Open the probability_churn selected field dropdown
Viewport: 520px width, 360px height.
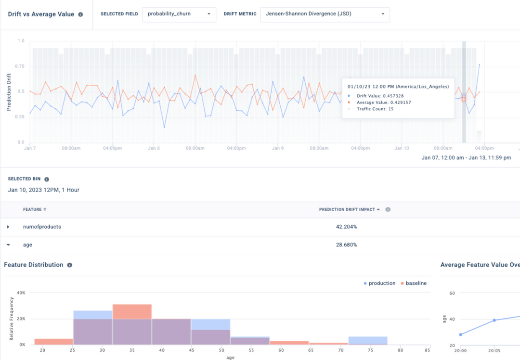[179, 14]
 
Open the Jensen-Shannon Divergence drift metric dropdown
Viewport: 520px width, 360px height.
[325, 14]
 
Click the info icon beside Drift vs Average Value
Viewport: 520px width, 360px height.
[80, 14]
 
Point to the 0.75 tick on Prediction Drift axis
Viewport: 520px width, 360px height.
[21, 66]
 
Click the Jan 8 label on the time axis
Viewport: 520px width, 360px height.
[154, 148]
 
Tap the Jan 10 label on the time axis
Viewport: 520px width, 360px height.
[402, 148]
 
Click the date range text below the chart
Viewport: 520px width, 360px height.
[466, 157]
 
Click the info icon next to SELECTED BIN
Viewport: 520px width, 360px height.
[47, 179]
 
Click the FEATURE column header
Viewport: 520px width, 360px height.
[35, 209]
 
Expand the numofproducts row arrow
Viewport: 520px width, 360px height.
[8, 227]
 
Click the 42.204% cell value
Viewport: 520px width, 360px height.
[346, 227]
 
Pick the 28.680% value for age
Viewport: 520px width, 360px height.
[346, 245]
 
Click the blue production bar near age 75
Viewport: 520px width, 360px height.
[368, 340]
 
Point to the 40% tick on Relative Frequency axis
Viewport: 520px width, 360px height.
[21, 293]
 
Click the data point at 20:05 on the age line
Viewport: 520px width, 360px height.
[494, 320]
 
